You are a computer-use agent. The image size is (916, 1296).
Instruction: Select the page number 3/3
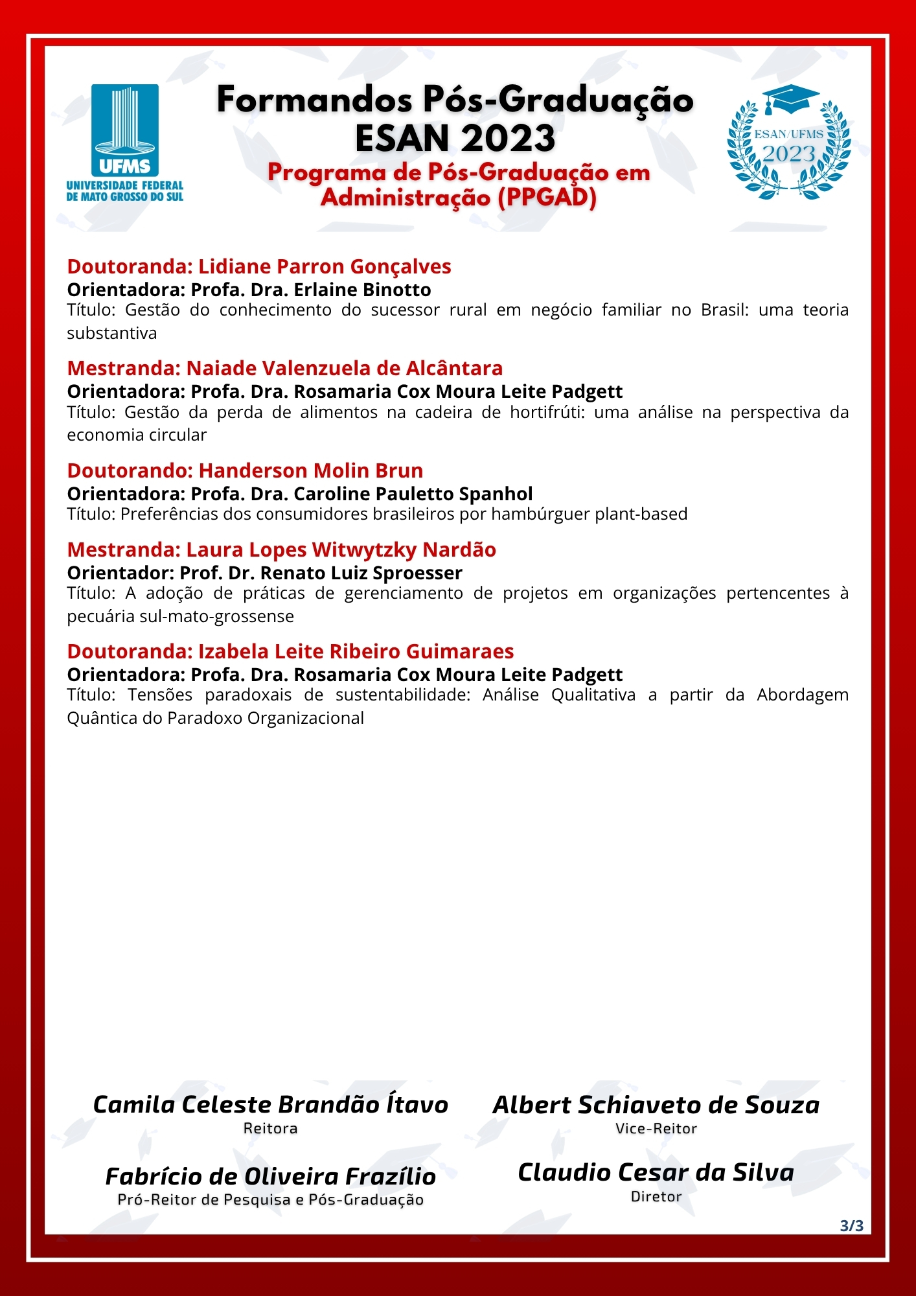click(851, 1225)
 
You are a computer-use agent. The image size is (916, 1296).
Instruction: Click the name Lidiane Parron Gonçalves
click(325, 266)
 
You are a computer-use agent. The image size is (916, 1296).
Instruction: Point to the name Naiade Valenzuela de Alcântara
click(344, 368)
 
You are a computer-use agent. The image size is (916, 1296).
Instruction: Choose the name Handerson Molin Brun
click(310, 470)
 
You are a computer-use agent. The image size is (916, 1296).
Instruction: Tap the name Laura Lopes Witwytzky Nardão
click(341, 550)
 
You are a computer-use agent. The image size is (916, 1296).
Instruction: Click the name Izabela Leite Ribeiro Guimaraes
click(356, 651)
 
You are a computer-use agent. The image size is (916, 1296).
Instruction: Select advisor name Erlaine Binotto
click(362, 290)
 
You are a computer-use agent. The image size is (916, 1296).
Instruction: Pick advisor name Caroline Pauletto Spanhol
click(413, 494)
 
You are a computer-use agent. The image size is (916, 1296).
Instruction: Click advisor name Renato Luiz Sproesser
click(361, 573)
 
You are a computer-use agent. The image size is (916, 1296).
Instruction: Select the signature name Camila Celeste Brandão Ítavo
click(270, 1105)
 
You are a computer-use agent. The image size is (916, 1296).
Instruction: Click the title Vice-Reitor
click(656, 1128)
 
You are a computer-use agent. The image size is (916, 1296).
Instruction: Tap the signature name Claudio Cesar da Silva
click(656, 1172)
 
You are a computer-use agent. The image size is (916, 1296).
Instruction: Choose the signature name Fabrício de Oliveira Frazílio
click(270, 1176)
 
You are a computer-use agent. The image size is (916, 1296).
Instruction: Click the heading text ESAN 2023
click(455, 138)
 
